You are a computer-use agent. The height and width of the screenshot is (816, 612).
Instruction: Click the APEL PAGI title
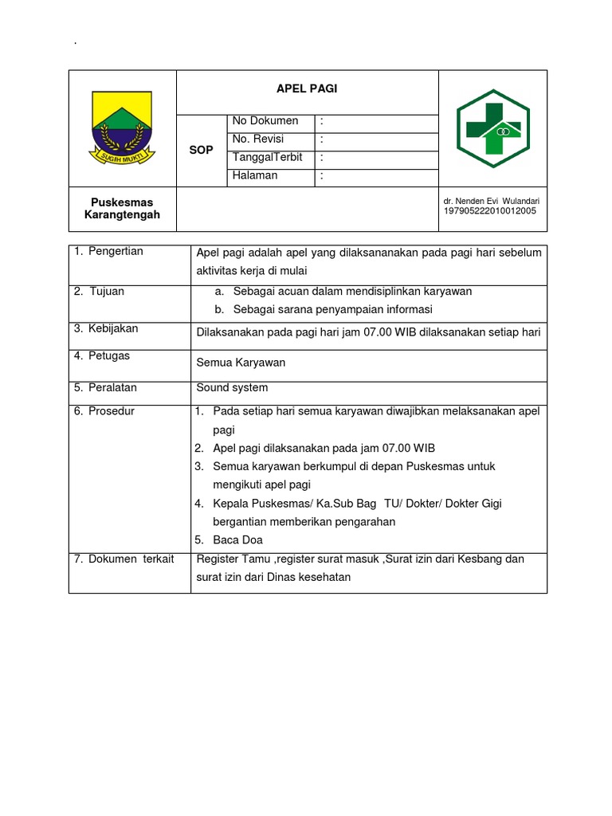click(307, 89)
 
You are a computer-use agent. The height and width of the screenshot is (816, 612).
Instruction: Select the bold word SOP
click(201, 150)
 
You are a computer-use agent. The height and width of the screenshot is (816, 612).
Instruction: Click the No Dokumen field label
click(265, 121)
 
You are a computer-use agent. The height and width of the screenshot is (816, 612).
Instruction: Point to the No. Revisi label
click(257, 139)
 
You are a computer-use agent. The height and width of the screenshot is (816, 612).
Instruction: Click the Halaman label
click(255, 176)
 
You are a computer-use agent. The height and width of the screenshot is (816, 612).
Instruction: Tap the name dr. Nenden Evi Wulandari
click(491, 201)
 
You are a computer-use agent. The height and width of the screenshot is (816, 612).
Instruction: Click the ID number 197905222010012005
click(489, 211)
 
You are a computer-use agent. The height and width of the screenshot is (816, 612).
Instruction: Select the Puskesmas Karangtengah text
click(122, 209)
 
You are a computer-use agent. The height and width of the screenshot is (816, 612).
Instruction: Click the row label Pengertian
click(115, 252)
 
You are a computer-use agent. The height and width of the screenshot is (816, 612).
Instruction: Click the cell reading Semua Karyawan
click(241, 363)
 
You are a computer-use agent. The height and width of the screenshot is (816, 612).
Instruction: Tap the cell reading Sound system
click(232, 388)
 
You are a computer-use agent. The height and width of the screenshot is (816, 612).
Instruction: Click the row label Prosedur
click(111, 412)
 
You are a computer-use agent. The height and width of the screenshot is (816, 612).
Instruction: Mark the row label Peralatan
click(112, 388)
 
